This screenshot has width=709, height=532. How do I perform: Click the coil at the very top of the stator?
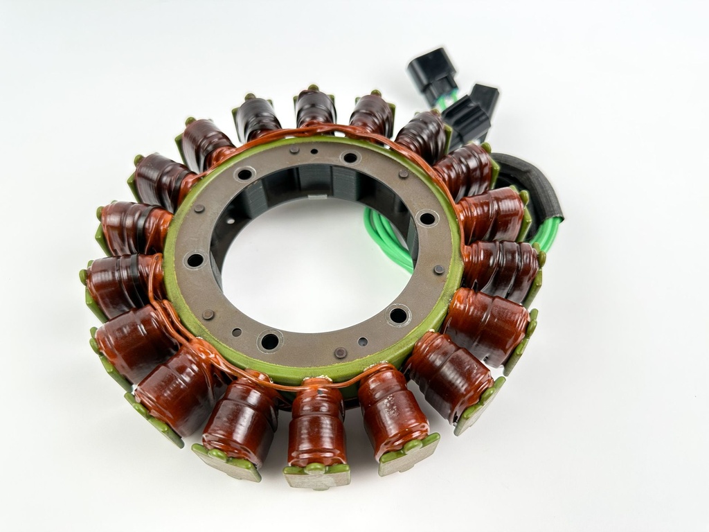click(315, 107)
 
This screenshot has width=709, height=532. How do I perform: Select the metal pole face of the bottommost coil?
click(317, 477)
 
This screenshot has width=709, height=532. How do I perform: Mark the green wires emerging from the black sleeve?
click(547, 232)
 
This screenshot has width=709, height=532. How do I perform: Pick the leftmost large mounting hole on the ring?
click(195, 260)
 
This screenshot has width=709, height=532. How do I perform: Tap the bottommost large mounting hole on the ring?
click(269, 340)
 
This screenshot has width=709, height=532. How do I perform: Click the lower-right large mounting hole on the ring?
click(398, 316)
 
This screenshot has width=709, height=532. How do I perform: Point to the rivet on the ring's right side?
click(439, 269)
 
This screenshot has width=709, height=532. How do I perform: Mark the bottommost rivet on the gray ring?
click(340, 353)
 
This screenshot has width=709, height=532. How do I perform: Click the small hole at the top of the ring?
click(314, 152)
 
